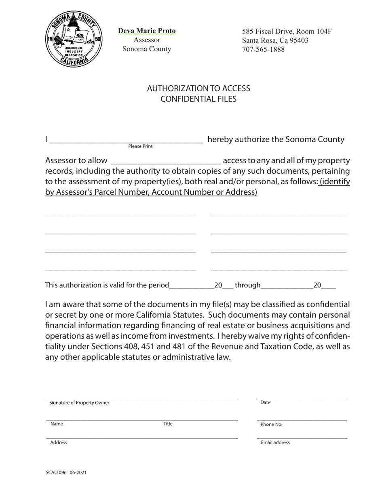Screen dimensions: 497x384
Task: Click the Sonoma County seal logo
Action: (x=73, y=39)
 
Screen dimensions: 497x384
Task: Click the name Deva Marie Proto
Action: (x=147, y=31)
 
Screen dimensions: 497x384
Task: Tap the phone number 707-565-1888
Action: (x=263, y=49)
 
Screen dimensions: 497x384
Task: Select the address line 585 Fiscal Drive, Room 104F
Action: (x=287, y=31)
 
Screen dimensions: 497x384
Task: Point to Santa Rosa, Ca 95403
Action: (x=275, y=40)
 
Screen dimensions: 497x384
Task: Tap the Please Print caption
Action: (x=140, y=146)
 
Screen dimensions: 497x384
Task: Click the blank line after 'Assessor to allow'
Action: (x=166, y=161)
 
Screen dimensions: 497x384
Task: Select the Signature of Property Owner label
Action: (x=79, y=402)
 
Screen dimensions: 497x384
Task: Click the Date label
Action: (x=265, y=402)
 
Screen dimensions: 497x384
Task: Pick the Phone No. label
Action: (x=271, y=424)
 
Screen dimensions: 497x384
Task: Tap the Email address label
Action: (x=275, y=442)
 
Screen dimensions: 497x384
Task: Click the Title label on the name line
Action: (x=168, y=424)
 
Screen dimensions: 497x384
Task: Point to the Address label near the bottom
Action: (x=59, y=442)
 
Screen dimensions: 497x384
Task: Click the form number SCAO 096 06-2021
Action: (x=66, y=472)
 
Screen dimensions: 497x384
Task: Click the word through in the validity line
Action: (x=247, y=285)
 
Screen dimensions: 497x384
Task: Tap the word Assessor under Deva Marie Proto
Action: (x=147, y=40)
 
